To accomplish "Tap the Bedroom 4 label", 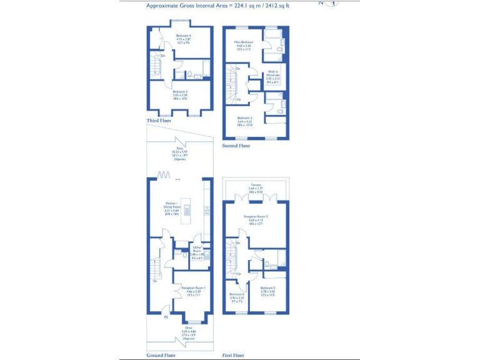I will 183,39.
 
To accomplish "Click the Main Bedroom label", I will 243,45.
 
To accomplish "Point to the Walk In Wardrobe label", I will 273,76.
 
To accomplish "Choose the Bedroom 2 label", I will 244,121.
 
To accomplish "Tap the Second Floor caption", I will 236,146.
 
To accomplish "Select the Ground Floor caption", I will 161,355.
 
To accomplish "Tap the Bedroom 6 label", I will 237,296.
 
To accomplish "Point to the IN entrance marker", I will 166,317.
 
